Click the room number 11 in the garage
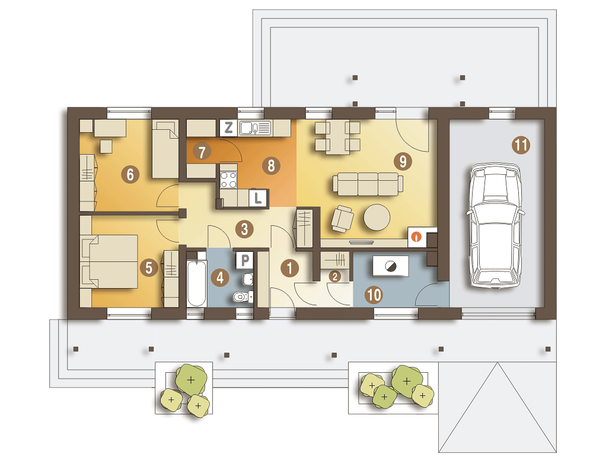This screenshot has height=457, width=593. point(521,145)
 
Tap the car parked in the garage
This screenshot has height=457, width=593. point(495,226)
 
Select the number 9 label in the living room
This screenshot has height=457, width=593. point(403,161)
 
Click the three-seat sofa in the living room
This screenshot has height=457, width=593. point(368,184)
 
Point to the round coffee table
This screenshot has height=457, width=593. point(377,218)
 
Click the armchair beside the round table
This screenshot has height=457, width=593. point(342,219)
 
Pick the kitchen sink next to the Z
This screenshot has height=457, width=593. point(255,128)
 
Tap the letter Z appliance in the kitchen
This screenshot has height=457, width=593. point(228,128)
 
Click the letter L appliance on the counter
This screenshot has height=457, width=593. point(258,198)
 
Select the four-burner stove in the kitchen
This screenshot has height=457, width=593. point(228,180)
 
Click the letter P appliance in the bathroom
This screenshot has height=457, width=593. point(245,260)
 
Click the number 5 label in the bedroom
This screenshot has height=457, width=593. point(149,268)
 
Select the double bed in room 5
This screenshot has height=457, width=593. point(109,261)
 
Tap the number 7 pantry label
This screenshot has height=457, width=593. point(202,152)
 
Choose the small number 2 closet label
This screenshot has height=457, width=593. point(334,276)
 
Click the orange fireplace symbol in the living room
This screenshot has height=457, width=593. point(416,237)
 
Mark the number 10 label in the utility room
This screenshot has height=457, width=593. point(374,295)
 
